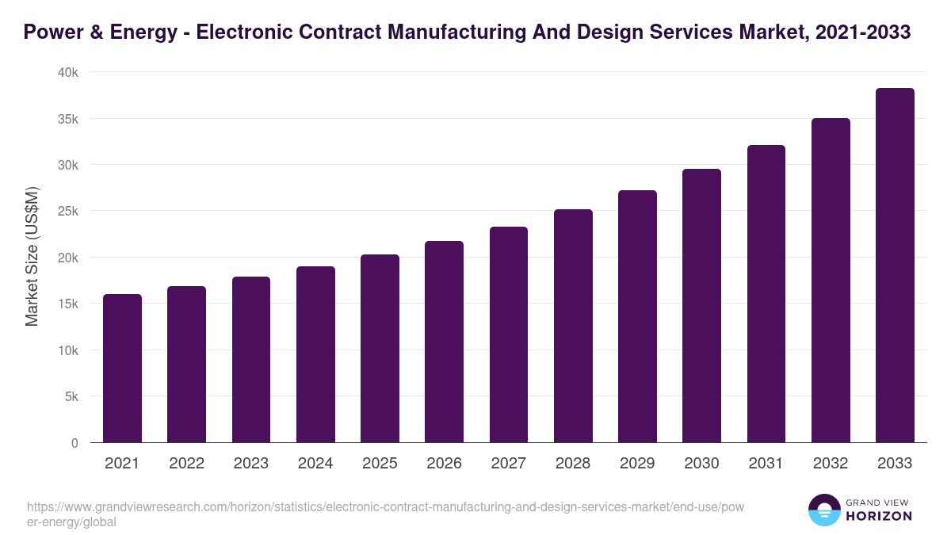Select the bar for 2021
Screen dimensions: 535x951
[122, 369]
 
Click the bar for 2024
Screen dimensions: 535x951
[315, 354]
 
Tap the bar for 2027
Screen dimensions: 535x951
[509, 334]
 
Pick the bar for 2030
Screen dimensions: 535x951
[701, 306]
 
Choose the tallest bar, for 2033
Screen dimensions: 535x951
[895, 266]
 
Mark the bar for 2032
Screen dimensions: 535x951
[831, 281]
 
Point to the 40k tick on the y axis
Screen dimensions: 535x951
[69, 72]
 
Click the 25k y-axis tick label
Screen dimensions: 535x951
[69, 212]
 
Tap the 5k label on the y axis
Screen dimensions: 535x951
[71, 396]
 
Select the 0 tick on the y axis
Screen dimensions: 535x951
[74, 443]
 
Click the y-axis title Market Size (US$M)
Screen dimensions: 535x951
[32, 257]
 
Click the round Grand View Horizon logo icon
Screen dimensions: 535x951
[823, 510]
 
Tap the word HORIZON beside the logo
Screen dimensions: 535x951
[879, 516]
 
